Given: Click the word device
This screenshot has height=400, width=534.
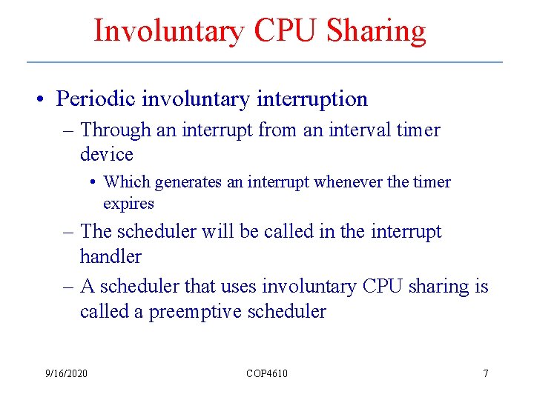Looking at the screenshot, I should pyautogui.click(x=107, y=155).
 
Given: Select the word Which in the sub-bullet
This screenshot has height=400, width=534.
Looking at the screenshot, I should pyautogui.click(x=125, y=182).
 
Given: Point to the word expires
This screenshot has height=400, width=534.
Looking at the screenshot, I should pyautogui.click(x=128, y=204).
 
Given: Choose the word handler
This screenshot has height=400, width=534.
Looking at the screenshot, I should pyautogui.click(x=111, y=256).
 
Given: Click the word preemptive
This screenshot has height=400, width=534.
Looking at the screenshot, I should pyautogui.click(x=196, y=312).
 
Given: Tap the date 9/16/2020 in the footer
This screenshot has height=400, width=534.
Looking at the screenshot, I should pyautogui.click(x=66, y=373).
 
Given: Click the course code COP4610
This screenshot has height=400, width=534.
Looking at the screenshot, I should pyautogui.click(x=267, y=373).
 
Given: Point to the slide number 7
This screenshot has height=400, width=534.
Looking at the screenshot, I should pyautogui.click(x=486, y=373).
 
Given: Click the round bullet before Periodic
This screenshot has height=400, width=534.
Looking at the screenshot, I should pyautogui.click(x=45, y=99).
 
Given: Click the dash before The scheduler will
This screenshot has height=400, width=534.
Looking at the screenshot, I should pyautogui.click(x=68, y=232).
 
